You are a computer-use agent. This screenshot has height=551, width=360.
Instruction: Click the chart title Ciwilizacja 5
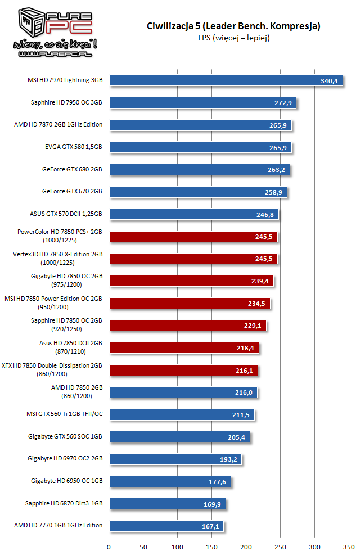pos(233,26)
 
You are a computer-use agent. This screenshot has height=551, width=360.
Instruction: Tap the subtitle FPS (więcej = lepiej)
pos(233,38)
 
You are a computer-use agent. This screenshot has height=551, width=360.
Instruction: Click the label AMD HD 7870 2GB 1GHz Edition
pos(58,125)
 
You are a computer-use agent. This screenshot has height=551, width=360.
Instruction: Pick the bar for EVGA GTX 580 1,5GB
pos(200,147)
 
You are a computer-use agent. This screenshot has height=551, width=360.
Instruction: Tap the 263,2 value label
pos(278,169)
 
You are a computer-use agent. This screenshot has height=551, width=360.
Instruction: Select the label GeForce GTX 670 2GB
pos(72,191)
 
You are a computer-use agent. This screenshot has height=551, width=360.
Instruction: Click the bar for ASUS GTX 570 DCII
pos(193,214)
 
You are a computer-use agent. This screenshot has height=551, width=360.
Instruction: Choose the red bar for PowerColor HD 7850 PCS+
pos(193,236)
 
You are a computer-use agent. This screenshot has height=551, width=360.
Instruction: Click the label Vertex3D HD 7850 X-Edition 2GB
pos(58,254)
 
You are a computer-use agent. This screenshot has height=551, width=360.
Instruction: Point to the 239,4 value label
pos(262,281)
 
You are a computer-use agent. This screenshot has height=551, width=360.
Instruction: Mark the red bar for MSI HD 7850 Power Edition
pos(190,303)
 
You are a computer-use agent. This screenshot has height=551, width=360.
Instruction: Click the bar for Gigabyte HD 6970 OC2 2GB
pos(175,459)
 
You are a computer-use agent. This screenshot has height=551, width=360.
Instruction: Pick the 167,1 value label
pos(211,526)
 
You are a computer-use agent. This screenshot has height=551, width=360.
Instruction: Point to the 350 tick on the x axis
pos(349,545)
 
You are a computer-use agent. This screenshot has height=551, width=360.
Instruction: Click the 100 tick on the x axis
pos(178,545)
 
